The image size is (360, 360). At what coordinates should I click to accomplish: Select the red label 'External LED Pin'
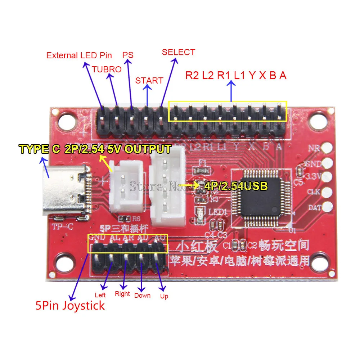[x=79, y=55]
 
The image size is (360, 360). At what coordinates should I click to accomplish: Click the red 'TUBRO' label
[x=107, y=69]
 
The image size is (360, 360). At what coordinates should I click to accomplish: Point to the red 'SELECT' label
[x=178, y=52]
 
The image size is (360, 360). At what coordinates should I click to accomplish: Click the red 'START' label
[x=149, y=80]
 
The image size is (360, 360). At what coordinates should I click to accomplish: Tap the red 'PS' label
[x=128, y=55]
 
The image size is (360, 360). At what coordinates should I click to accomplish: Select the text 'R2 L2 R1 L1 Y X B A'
[x=236, y=76]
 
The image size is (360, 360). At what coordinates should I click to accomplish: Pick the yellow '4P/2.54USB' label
[x=236, y=186]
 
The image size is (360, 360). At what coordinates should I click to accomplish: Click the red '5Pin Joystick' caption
[x=70, y=306]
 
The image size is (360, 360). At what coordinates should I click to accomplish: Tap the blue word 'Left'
[x=100, y=295]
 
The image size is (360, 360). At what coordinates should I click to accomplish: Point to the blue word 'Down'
[x=142, y=296]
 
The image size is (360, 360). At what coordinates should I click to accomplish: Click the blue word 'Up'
[x=164, y=296]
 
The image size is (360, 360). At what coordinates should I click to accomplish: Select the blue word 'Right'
[x=122, y=294]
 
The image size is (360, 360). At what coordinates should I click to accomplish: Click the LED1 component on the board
[x=199, y=216]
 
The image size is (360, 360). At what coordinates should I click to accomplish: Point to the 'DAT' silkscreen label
[x=312, y=208]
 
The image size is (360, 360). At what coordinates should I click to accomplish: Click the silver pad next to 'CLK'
[x=327, y=192]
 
